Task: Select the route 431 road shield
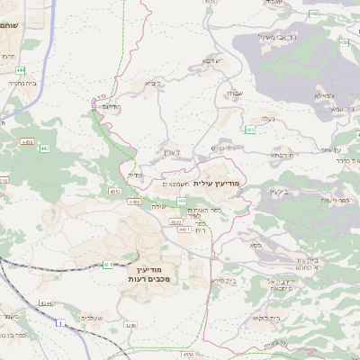pos(108,265)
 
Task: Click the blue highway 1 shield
pos(60,323)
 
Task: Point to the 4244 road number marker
pos(45,302)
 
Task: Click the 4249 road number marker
pos(130,325)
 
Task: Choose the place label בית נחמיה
pos(20,82)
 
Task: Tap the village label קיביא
pos(153,84)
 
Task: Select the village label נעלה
pos(267,119)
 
